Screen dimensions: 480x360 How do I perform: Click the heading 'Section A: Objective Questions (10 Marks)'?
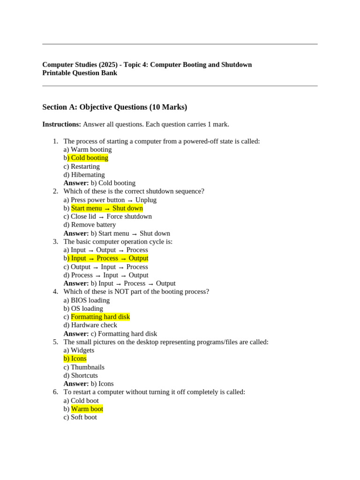pos(114,107)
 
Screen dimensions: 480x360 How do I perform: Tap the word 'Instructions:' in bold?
pos(61,124)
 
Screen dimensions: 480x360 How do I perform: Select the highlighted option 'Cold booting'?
pos(89,158)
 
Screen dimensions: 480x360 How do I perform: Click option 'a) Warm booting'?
pos(88,150)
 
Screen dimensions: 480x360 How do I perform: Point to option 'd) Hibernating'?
pos(84,175)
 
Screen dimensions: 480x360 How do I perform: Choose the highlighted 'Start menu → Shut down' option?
pos(107,208)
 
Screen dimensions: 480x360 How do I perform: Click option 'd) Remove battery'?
pos(90,225)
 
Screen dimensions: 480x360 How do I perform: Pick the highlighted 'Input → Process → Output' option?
pos(109,258)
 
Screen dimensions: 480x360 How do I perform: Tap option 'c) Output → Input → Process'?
pos(105,267)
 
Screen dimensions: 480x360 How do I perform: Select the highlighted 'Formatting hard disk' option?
pos(100,317)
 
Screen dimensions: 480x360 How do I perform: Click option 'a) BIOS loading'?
pos(87,300)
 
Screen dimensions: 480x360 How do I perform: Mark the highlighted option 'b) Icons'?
pos(75,359)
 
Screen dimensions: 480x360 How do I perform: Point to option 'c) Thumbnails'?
pos(84,367)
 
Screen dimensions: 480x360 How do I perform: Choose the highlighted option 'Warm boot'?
pos(87,409)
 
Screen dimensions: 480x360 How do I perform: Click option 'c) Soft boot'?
pos(80,417)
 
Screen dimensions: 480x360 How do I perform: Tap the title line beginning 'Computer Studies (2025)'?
pos(147,65)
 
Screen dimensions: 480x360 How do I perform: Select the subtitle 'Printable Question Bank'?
pos(80,73)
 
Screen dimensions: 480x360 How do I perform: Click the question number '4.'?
pos(55,292)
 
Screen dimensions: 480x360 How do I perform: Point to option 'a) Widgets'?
pos(79,350)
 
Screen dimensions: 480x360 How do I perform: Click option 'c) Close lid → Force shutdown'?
pos(108,217)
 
